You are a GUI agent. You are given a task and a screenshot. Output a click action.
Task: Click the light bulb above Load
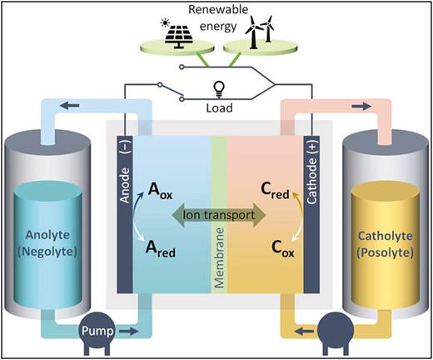click(219, 88)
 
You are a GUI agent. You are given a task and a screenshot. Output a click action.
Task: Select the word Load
click(219, 106)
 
